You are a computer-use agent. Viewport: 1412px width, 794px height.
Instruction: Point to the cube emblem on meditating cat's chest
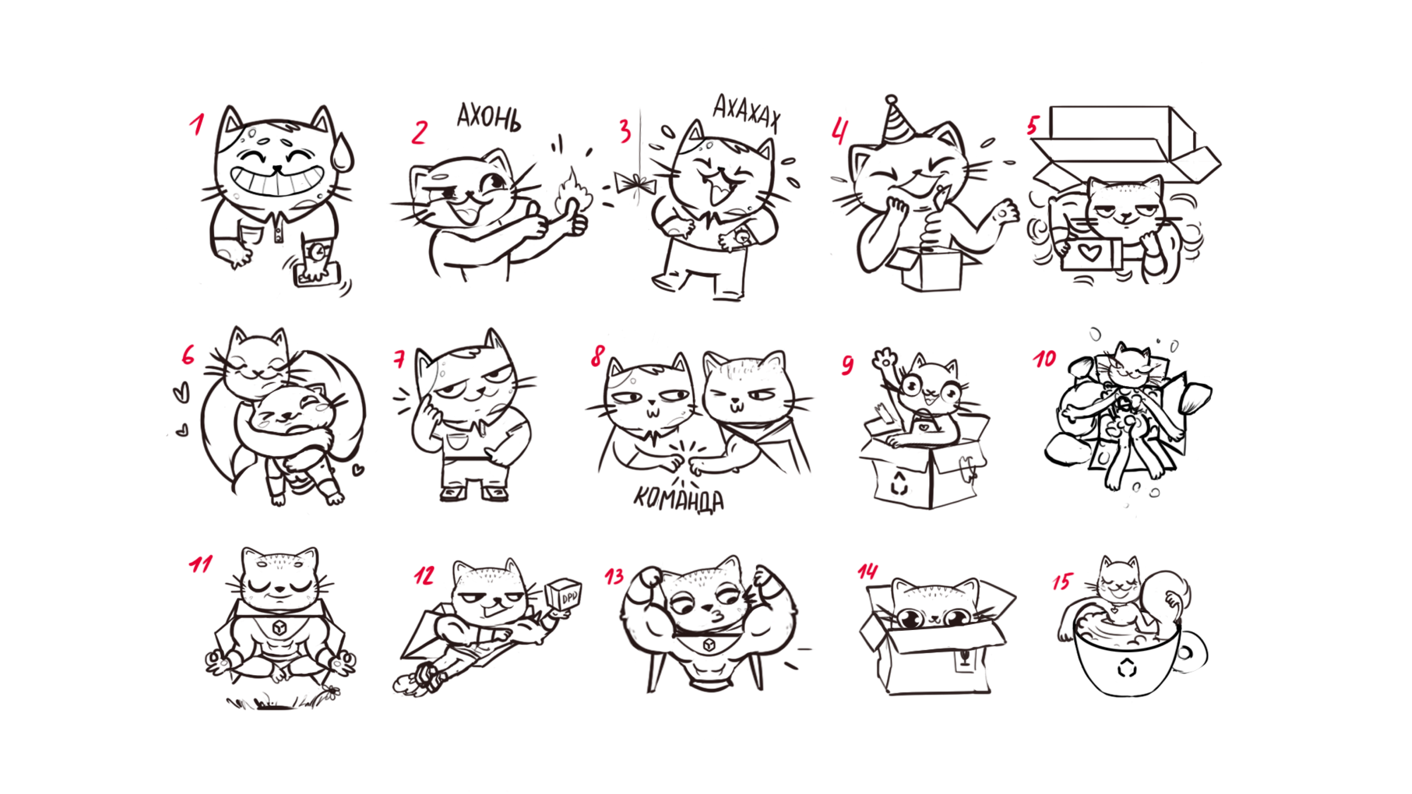click(x=280, y=627)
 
